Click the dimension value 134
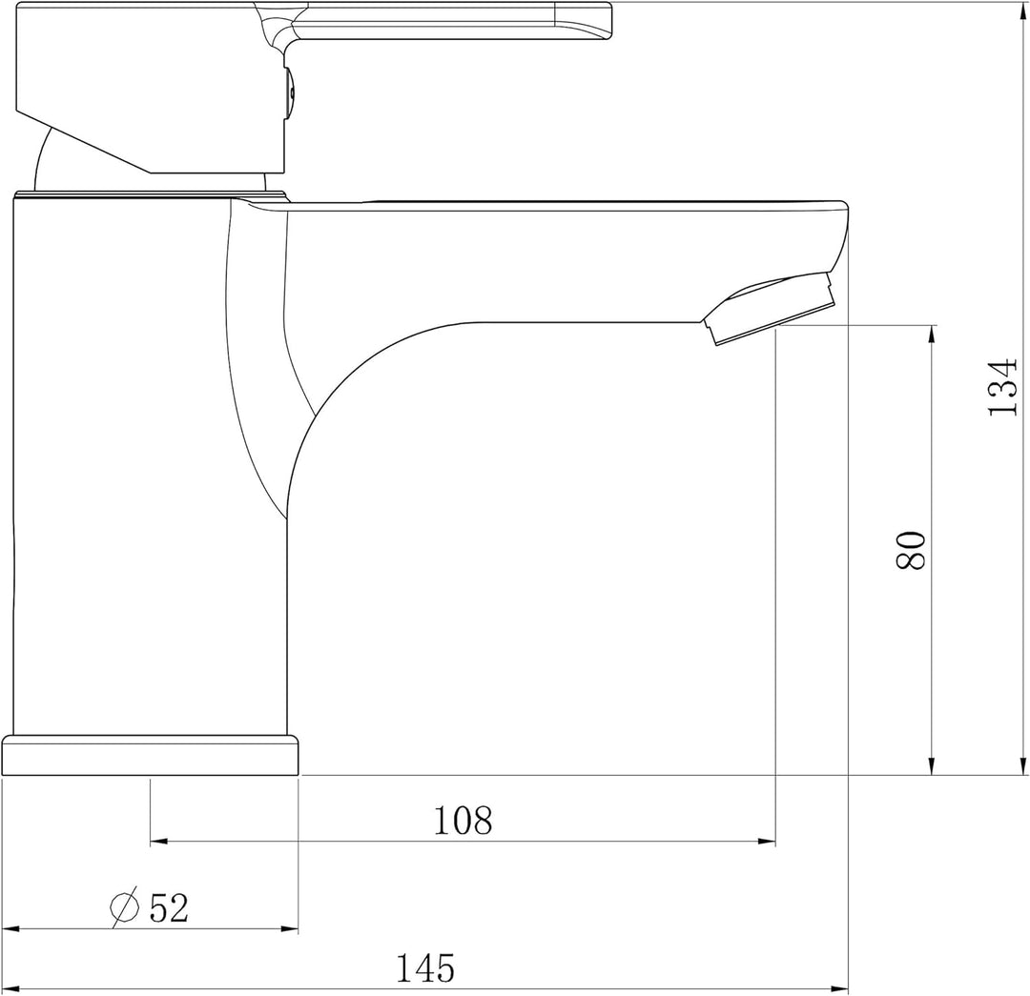(x=1002, y=387)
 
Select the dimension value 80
(x=911, y=550)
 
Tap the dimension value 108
(x=463, y=820)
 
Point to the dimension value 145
(x=425, y=968)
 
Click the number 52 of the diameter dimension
(x=169, y=908)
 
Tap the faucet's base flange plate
(x=150, y=755)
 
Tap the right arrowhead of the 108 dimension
(x=766, y=842)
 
